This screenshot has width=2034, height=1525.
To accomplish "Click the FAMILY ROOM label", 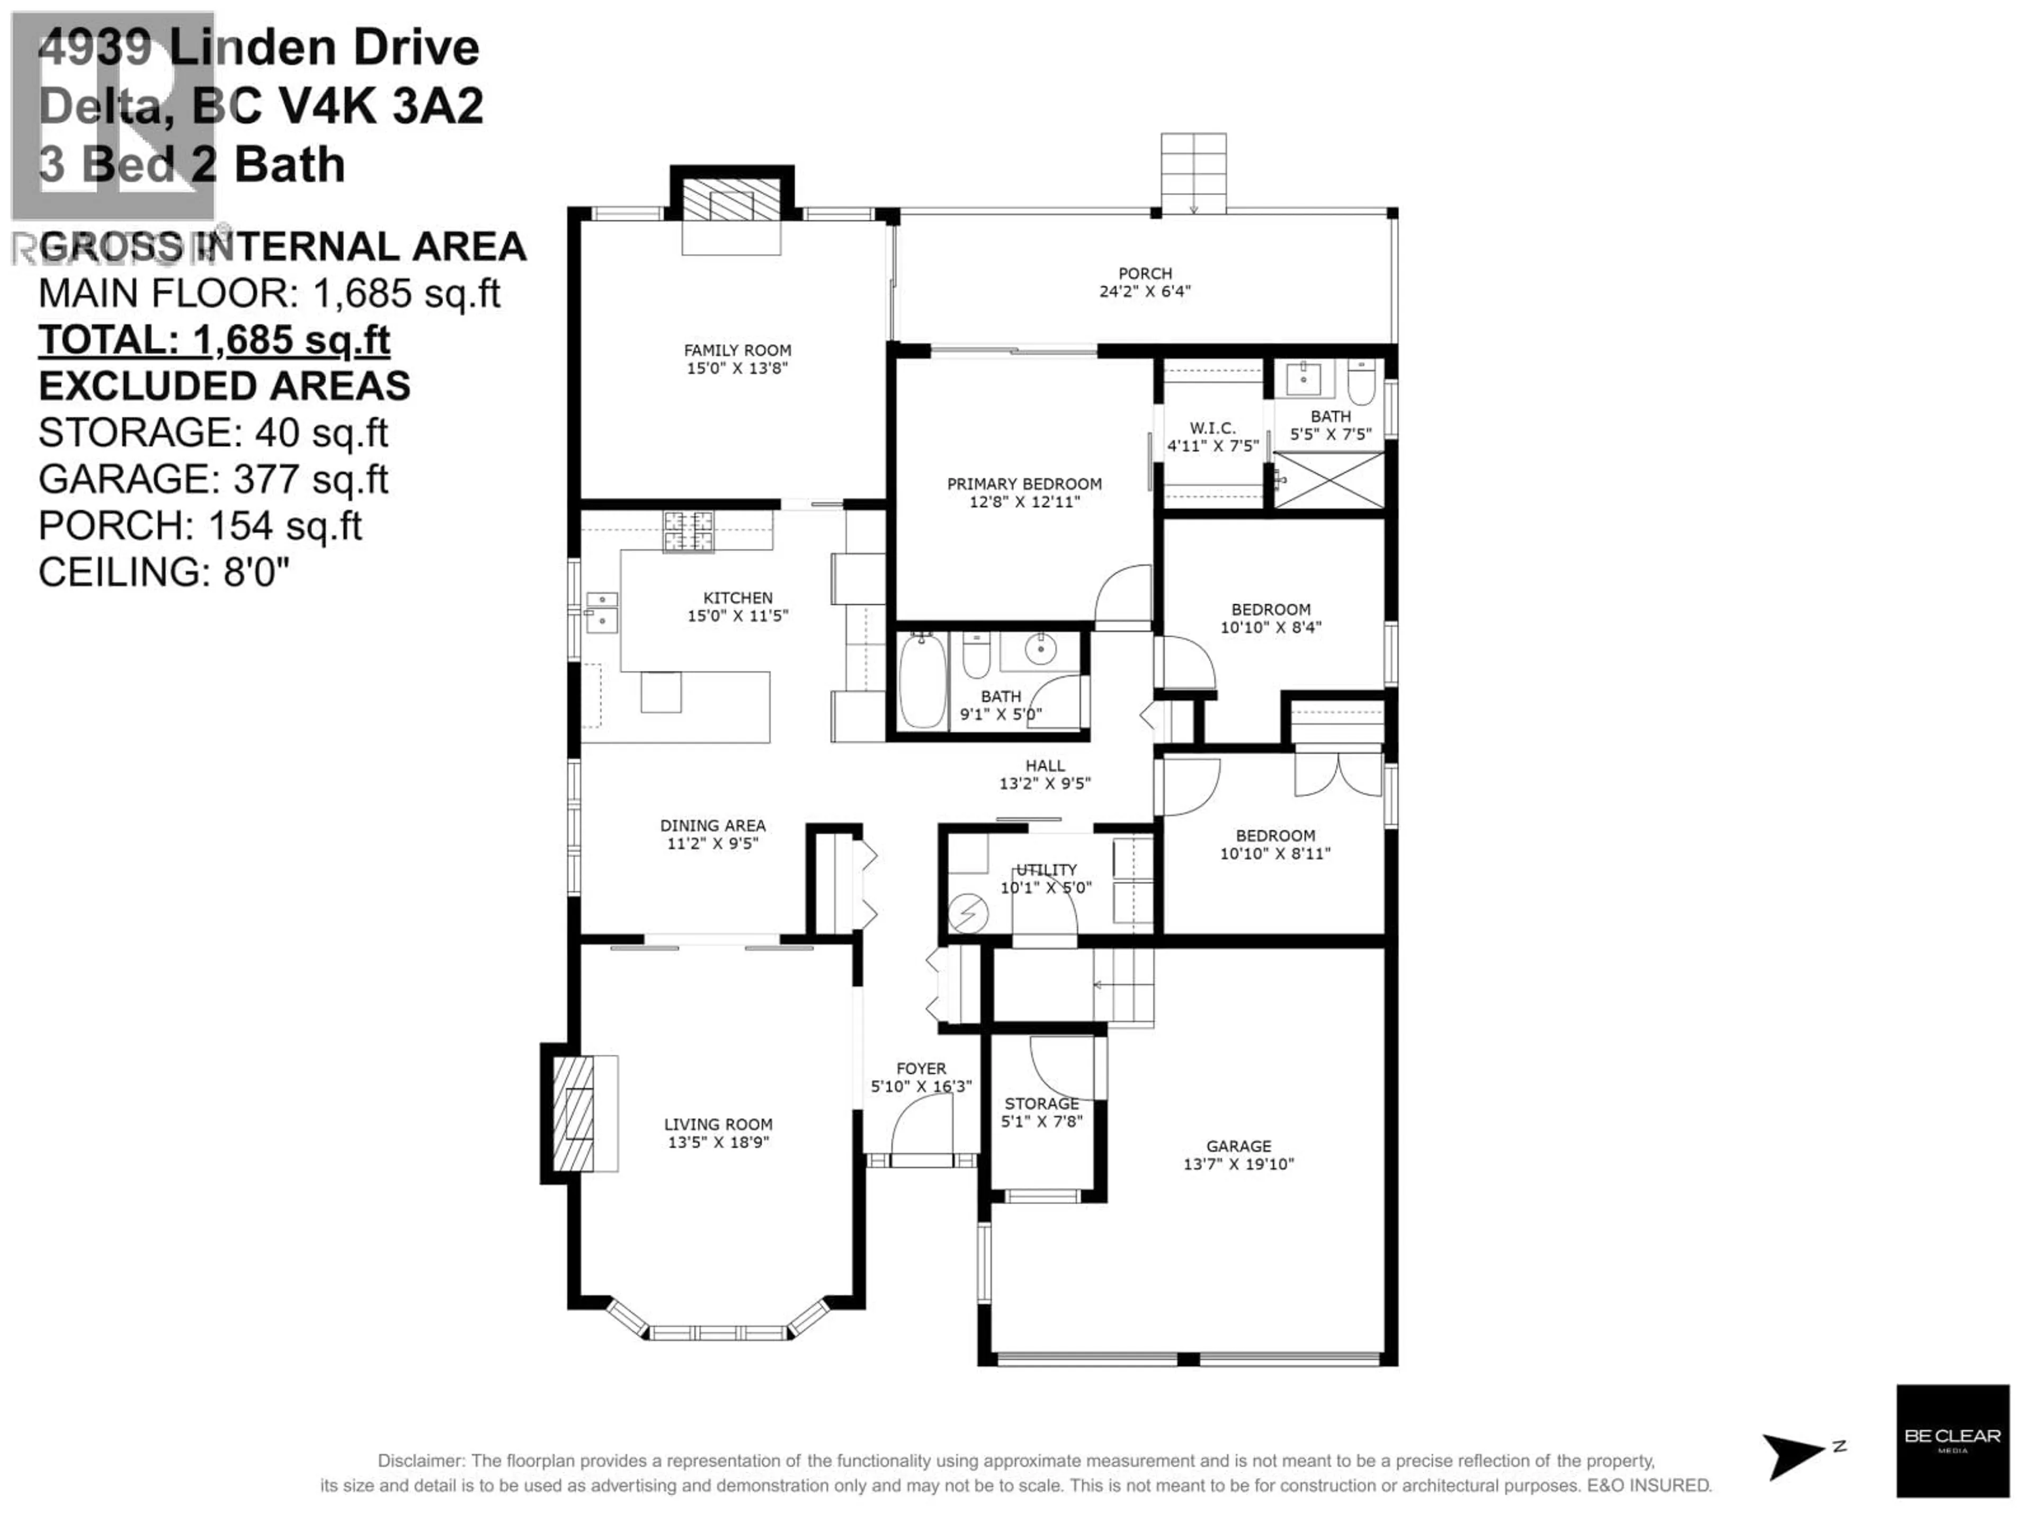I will click(x=737, y=350).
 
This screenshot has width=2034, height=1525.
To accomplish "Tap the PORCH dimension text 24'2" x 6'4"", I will click(x=1145, y=291).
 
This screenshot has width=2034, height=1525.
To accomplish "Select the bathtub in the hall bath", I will click(x=921, y=681).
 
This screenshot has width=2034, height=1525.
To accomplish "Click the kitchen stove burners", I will click(x=688, y=531).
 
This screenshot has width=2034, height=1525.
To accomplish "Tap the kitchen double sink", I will click(x=602, y=612).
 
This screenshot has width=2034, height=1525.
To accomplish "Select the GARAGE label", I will click(x=1238, y=1146).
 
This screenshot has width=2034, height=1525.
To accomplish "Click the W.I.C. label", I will click(x=1212, y=428).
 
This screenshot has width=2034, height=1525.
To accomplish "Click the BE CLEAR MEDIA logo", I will click(x=1952, y=1440).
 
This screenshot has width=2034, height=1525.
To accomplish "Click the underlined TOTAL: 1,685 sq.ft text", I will click(x=214, y=340).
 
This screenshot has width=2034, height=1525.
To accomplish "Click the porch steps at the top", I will click(x=1193, y=172).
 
